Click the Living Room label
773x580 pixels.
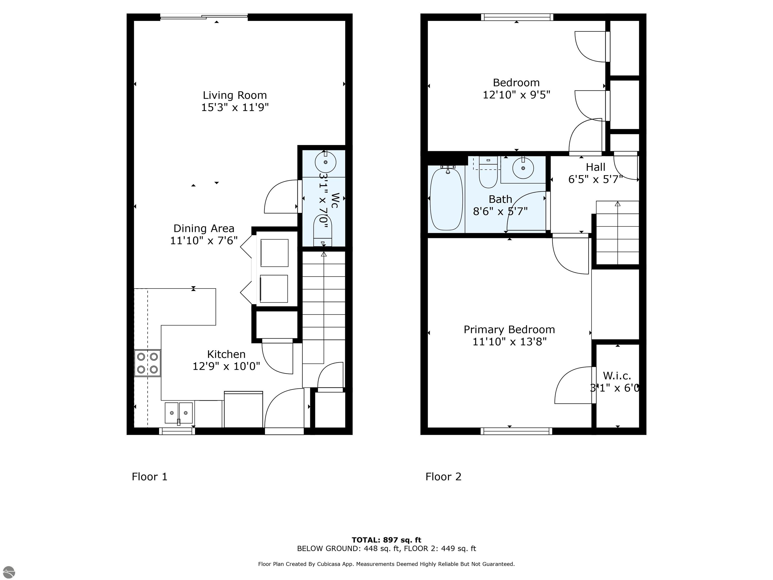[x=235, y=95]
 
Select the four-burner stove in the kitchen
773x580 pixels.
[x=147, y=363]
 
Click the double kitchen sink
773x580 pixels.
[x=179, y=413]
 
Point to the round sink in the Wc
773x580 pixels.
[x=325, y=162]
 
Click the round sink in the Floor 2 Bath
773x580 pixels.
[x=523, y=168]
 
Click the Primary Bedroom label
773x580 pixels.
[x=509, y=329]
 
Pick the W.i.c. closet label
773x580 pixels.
[x=617, y=376]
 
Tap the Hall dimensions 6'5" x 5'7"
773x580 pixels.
[x=595, y=179]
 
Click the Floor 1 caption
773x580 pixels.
[x=149, y=477]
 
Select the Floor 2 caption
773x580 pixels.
[x=443, y=477]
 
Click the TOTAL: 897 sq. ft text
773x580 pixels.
[x=386, y=540]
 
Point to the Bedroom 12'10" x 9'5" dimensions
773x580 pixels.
[x=516, y=95]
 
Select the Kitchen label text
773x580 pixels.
[x=226, y=354]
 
